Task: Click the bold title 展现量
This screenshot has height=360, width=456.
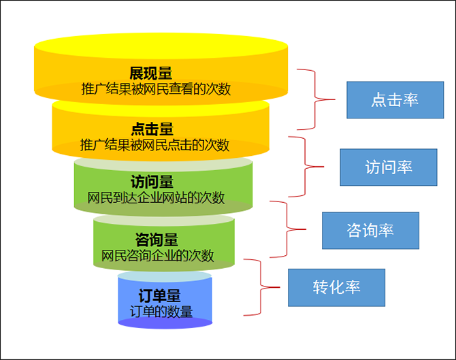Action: (x=150, y=73)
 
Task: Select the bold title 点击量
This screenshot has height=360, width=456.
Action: (x=152, y=129)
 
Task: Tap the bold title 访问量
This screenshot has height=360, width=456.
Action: (x=152, y=182)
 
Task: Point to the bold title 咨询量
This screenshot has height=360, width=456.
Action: (x=157, y=240)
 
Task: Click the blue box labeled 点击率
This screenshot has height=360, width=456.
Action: (x=394, y=100)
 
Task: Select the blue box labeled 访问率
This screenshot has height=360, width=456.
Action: (x=388, y=167)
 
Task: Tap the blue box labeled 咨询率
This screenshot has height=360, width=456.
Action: (x=370, y=230)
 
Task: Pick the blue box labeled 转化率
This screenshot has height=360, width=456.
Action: (x=336, y=287)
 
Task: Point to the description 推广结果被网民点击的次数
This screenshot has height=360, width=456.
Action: (x=154, y=145)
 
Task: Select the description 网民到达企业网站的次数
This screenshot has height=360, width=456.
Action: (x=156, y=198)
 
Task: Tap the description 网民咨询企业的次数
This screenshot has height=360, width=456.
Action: (x=157, y=256)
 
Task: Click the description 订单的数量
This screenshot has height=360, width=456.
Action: (x=161, y=312)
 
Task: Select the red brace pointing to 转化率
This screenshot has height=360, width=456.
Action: (x=261, y=287)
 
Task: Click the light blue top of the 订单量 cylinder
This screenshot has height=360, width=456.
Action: (x=164, y=276)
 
